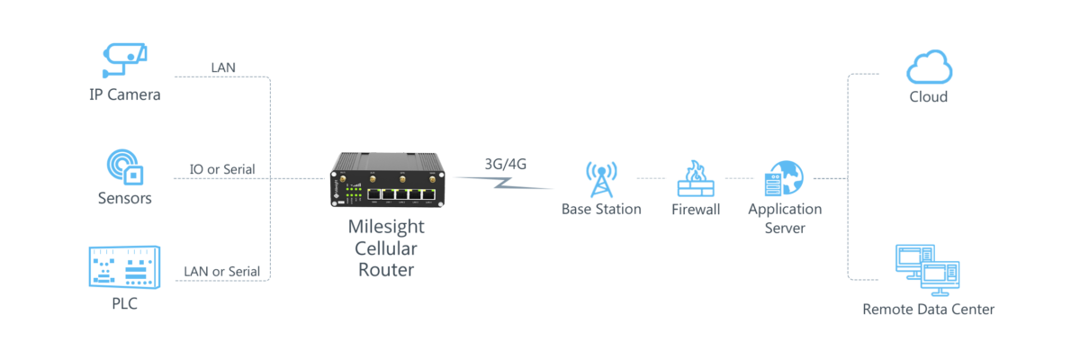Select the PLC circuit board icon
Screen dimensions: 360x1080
[x=123, y=266]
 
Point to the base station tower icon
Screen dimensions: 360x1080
[x=600, y=179]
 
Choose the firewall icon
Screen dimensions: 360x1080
[x=696, y=179]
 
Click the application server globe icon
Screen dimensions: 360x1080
[x=784, y=179]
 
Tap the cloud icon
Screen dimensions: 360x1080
[x=930, y=67]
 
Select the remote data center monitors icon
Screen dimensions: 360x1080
[x=927, y=270]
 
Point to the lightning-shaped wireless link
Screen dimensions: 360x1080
[x=504, y=183]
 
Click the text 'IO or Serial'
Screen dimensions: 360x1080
[x=220, y=168]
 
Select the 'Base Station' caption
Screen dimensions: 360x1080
[x=600, y=209]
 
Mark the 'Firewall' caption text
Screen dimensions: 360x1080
[x=696, y=209]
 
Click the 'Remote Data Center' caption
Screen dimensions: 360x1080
[x=929, y=310]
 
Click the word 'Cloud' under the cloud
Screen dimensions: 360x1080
[x=928, y=96]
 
